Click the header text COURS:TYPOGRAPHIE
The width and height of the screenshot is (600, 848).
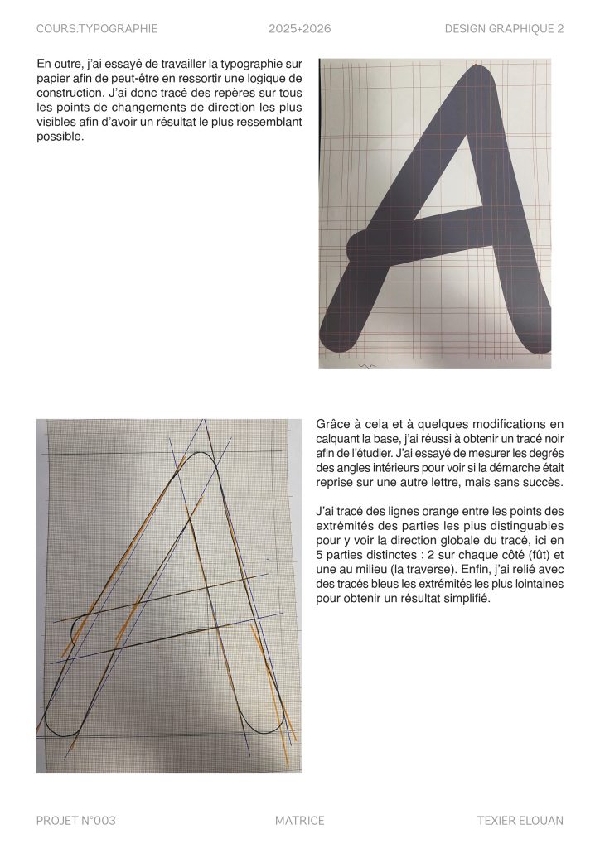(97, 29)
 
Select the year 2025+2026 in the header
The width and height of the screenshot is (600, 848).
(300, 29)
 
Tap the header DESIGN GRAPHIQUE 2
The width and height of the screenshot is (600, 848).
(504, 29)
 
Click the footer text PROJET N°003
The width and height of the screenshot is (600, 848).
(75, 821)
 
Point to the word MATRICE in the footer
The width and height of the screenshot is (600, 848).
(300, 821)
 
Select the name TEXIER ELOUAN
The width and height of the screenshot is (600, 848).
(520, 821)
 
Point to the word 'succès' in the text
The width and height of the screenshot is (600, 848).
(544, 483)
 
